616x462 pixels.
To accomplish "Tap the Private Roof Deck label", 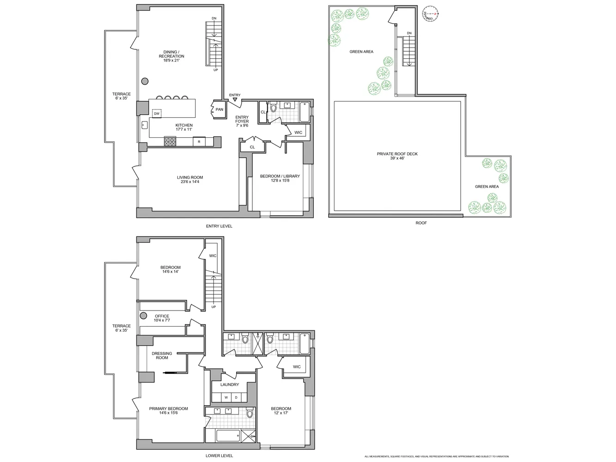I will [x=397, y=154].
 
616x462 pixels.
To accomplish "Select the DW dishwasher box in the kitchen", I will [x=157, y=113].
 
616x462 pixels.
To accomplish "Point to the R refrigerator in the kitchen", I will [x=199, y=142].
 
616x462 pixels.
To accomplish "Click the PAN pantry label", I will [x=220, y=109].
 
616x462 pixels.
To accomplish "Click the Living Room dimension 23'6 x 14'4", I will [x=190, y=182].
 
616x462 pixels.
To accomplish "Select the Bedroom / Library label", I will [x=280, y=176].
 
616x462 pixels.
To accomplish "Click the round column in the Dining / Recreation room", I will [x=145, y=81].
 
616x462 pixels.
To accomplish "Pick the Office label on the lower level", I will [x=162, y=316].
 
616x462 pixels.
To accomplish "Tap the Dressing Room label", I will [x=162, y=355].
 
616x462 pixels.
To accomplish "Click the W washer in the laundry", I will [x=226, y=397].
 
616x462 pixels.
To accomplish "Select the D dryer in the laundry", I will [x=236, y=397].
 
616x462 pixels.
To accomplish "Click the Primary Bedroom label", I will [x=168, y=408].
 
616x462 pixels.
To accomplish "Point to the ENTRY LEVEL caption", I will [x=219, y=226].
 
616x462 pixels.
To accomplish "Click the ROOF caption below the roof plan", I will [x=421, y=223].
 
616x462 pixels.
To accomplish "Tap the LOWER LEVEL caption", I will [x=219, y=456].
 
